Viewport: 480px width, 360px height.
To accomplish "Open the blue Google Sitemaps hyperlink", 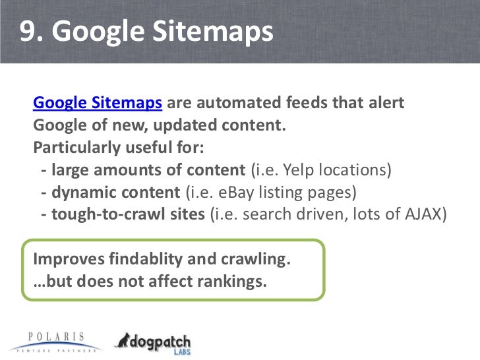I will click(98, 104).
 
